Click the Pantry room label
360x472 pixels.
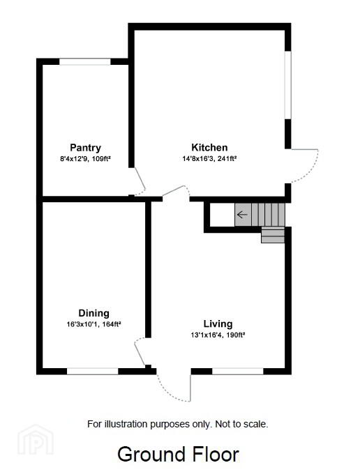(85, 148)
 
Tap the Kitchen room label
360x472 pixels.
(209, 147)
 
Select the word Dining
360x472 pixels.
(93, 313)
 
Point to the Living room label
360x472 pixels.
(218, 324)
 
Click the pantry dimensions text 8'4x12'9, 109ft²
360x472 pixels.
(86, 159)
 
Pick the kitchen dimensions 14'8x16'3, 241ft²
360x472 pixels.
(209, 158)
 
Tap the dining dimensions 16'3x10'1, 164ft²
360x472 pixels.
(93, 324)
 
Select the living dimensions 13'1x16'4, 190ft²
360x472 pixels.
(218, 335)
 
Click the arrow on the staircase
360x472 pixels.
(242, 215)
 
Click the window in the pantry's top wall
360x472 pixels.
(85, 62)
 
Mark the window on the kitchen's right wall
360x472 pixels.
(288, 85)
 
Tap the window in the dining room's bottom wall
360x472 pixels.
(93, 371)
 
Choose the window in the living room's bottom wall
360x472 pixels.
(238, 371)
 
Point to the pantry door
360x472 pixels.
(140, 182)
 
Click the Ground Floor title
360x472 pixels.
(178, 455)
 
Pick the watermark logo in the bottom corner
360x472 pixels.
(36, 440)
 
